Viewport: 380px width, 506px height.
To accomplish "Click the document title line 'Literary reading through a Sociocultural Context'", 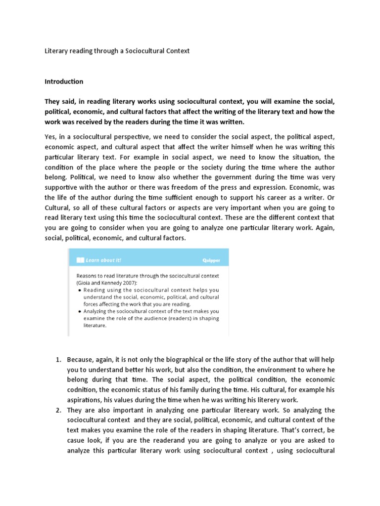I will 117,51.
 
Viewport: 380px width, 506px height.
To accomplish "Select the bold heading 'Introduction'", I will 64,82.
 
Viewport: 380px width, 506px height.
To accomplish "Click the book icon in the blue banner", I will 81,259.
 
